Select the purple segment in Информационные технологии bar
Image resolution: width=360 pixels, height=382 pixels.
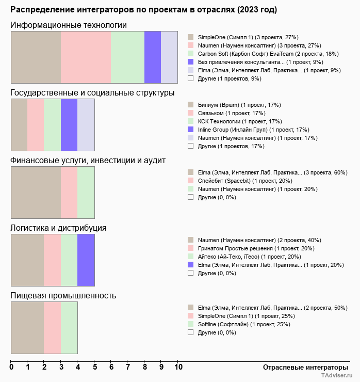tap(153, 57)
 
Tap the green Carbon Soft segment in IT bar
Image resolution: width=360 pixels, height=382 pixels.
tap(127, 57)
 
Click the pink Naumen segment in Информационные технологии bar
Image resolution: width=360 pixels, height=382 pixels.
tap(86, 57)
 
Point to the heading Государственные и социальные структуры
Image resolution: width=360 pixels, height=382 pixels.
tap(92, 93)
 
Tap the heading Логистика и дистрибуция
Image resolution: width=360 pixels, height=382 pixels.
tap(59, 228)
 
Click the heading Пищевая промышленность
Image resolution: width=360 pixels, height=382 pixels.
tap(63, 295)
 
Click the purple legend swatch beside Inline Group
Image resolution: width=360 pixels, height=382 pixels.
tap(190, 130)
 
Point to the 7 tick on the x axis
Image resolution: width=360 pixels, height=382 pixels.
tap(128, 367)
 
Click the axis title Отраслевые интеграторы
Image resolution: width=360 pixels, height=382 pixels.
tap(302, 367)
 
